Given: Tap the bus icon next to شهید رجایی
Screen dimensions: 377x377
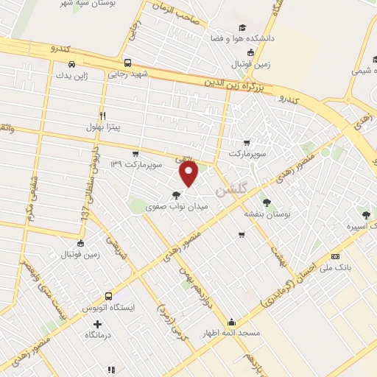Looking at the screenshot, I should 127,63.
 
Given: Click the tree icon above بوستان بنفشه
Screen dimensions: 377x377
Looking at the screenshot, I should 266,201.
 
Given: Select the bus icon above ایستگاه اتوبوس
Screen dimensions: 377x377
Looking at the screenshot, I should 108,295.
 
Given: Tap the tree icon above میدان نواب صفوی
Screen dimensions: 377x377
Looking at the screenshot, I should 175,196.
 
